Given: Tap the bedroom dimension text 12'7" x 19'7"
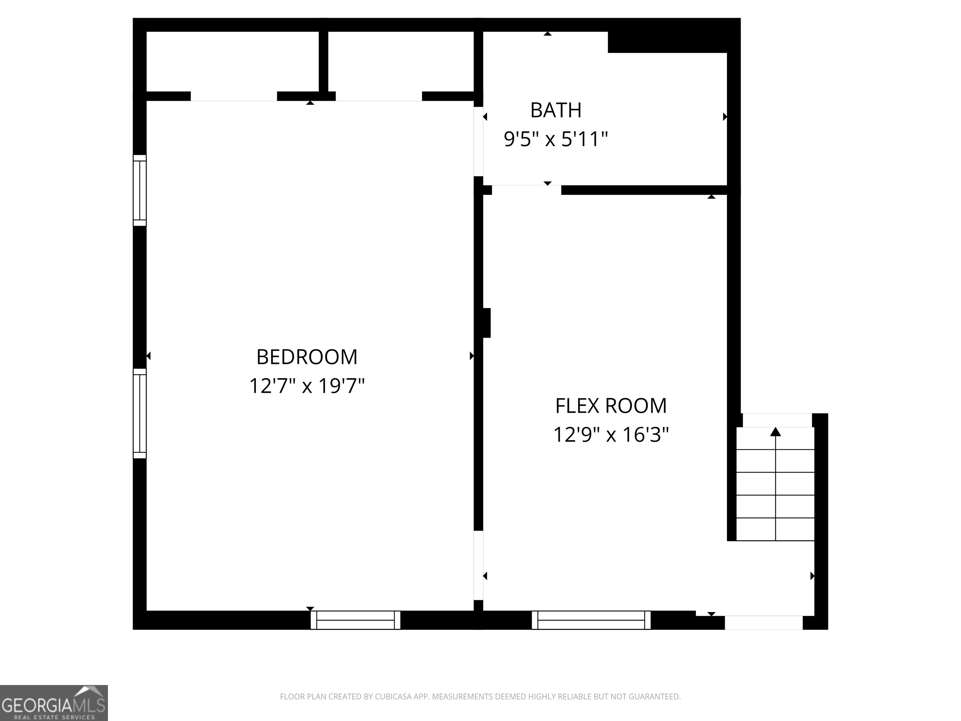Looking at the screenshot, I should (x=307, y=386).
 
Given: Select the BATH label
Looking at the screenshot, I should (x=556, y=110).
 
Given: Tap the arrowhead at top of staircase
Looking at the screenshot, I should (x=775, y=432).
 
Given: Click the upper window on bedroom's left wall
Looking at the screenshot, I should (x=140, y=190).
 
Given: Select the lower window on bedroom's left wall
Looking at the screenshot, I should (x=140, y=413).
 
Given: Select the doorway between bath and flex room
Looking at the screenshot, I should (x=526, y=190).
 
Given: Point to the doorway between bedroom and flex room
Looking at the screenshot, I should (x=478, y=565).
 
